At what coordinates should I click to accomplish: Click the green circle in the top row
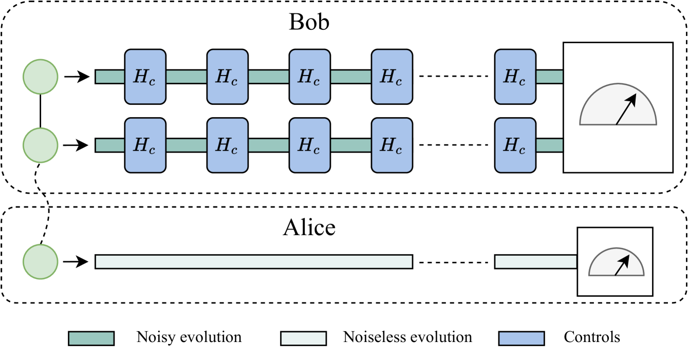pos(41,77)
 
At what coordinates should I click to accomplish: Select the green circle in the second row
pos(41,145)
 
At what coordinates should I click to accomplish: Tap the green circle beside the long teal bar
pos(41,261)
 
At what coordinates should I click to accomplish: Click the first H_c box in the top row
pos(145,77)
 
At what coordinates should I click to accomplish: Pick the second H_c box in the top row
pos(228,77)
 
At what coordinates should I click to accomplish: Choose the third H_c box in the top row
pos(310,77)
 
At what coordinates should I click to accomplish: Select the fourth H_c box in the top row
pos(392,77)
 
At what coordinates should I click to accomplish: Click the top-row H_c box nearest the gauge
pos(515,77)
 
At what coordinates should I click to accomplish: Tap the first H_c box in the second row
pos(145,145)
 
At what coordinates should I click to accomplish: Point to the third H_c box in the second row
pos(310,145)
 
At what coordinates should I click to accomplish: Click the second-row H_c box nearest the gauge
pos(515,145)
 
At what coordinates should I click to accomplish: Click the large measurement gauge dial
pos(618,108)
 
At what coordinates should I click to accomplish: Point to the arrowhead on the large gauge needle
pos(632,99)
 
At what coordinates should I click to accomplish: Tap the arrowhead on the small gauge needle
pos(625,259)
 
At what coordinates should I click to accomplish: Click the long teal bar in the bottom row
pos(254,261)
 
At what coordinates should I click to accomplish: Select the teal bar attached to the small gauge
pos(535,261)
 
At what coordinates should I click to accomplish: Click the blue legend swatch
pos(522,338)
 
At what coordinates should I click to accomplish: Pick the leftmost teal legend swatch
pos(91,338)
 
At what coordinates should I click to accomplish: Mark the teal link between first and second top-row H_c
pos(187,77)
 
